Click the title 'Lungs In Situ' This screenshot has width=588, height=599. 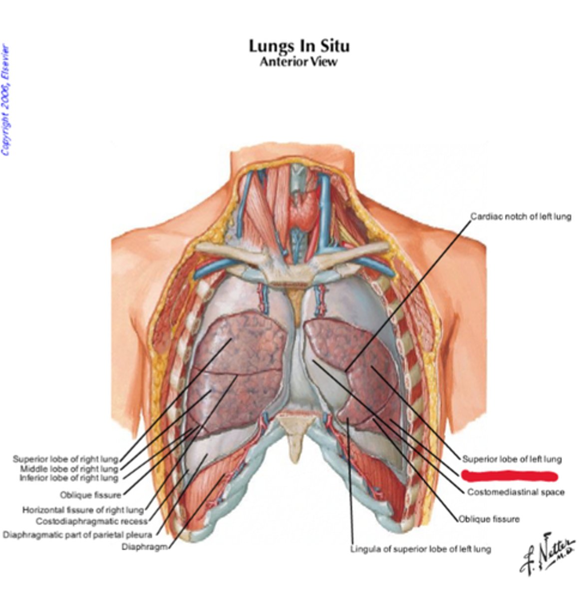point(299,46)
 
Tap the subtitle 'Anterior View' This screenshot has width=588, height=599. point(298,62)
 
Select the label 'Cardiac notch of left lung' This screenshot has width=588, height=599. point(521,217)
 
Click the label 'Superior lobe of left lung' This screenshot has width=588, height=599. point(512,459)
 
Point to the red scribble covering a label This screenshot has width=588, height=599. point(509,476)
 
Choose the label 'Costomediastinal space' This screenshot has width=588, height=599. point(516,492)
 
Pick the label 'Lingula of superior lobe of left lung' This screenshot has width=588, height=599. point(420,549)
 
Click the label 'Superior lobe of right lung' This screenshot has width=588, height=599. point(65,459)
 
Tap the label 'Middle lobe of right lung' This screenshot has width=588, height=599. point(69,469)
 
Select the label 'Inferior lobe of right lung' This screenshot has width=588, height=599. point(69,478)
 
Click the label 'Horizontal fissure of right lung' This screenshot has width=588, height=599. point(83,510)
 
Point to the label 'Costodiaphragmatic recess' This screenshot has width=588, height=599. point(92,522)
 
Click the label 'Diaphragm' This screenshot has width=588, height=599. point(144,547)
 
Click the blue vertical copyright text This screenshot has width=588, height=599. point(5,100)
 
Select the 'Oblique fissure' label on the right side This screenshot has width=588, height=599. point(489,519)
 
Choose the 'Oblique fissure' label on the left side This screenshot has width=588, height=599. point(90,495)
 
